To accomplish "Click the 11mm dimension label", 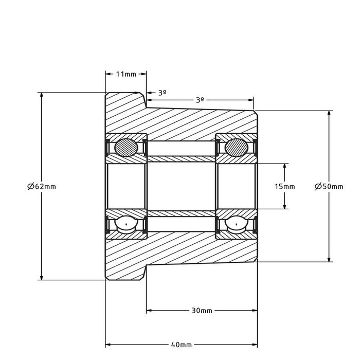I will pos(126,74).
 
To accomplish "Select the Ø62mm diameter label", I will pos(41,186).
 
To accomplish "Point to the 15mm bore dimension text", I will pos(285,186).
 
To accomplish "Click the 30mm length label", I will pos(202,311).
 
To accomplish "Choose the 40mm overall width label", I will pos(181,344).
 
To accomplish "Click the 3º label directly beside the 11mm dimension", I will pos(162,93).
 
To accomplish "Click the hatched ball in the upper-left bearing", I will pos(126,147).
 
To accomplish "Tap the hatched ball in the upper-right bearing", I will pos(236,147).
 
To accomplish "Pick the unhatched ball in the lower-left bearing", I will pos(126,225).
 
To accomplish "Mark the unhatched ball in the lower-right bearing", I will pos(236,225).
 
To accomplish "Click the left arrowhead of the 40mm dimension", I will pos(108,344).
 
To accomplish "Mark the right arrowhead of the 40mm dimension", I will pos(254,344).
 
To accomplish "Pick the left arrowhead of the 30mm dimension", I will pos(150,311).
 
